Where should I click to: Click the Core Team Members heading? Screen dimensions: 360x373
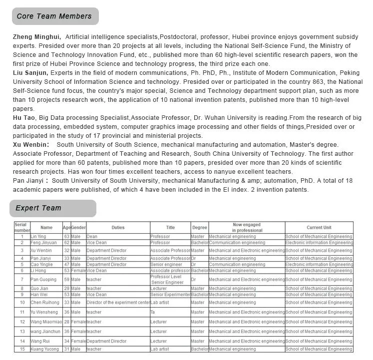(54, 16)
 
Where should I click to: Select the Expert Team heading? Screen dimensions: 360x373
(38, 208)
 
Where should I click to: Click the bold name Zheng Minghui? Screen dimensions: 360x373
(36, 37)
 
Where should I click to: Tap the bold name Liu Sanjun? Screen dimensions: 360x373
(30, 72)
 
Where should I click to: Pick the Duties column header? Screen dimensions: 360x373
(118, 228)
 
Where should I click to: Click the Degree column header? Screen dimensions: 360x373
(199, 228)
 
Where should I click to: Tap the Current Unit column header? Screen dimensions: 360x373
(319, 228)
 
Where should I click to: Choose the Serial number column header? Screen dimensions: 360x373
(21, 228)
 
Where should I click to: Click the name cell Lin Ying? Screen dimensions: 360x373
(38, 237)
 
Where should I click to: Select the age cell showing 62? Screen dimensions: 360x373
(66, 243)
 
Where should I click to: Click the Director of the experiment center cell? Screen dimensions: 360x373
(118, 303)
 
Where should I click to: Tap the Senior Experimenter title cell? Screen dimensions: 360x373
(170, 295)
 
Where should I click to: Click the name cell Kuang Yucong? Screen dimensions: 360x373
(44, 350)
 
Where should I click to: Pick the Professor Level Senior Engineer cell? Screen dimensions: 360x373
(167, 280)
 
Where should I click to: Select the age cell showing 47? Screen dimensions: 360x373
(66, 265)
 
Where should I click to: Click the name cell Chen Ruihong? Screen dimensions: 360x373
(45, 303)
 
